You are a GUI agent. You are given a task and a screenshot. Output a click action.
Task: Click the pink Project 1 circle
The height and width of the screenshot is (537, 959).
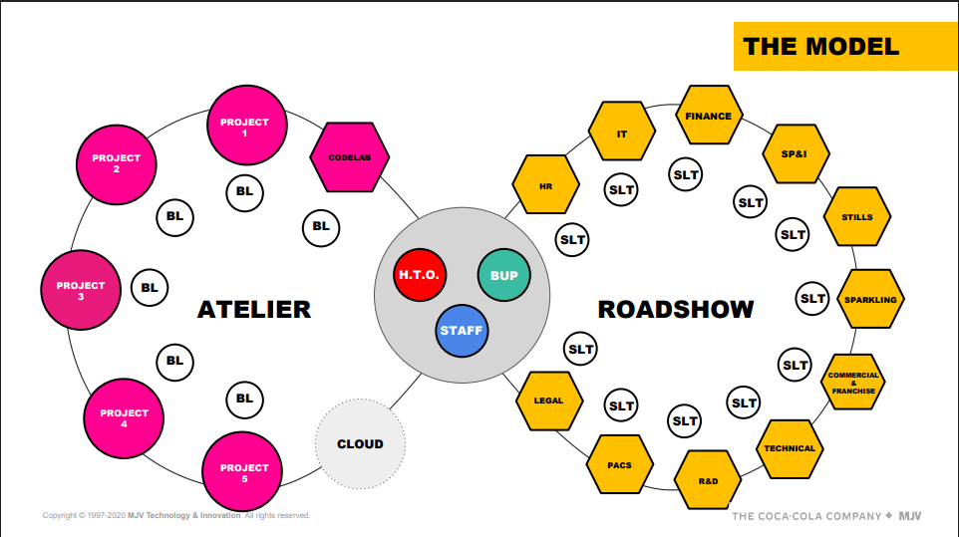point(247,126)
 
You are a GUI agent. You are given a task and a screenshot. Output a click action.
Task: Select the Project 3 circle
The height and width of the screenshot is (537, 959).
point(81,290)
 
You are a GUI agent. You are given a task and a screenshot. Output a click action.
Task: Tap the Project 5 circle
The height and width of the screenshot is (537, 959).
point(242,471)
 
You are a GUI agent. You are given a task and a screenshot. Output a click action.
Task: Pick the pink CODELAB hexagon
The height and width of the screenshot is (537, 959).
point(350,157)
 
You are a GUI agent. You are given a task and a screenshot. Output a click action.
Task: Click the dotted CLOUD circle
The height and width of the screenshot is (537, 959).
point(360,444)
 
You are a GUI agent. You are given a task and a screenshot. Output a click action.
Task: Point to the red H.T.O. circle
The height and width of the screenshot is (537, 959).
point(420,275)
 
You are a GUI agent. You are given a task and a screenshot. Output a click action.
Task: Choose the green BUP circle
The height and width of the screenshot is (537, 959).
point(504,275)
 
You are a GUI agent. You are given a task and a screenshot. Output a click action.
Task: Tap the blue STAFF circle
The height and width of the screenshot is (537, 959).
point(462,331)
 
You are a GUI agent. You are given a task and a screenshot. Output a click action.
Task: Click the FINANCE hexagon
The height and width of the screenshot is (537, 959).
point(709,115)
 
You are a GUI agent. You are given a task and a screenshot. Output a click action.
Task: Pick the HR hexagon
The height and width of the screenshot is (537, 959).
point(545,184)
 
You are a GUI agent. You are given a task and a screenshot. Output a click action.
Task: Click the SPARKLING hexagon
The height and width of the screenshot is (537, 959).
point(870,299)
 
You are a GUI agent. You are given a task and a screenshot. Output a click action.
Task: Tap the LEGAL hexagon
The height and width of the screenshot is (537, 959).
point(549,401)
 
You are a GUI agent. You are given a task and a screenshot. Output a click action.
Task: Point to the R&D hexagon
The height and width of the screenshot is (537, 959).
point(708,480)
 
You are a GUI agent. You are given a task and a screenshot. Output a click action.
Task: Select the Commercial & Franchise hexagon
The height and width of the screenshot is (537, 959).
point(853,382)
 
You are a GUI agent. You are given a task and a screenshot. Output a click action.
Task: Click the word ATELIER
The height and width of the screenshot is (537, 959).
point(254,310)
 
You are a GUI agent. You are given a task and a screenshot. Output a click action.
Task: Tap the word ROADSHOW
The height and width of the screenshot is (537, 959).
point(676,310)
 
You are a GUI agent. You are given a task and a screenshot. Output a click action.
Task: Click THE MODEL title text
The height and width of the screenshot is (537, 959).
point(821,47)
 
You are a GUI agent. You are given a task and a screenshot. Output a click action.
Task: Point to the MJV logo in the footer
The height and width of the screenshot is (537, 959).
point(909,516)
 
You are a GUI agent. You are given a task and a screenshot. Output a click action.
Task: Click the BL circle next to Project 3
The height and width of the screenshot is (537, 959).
point(150,287)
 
